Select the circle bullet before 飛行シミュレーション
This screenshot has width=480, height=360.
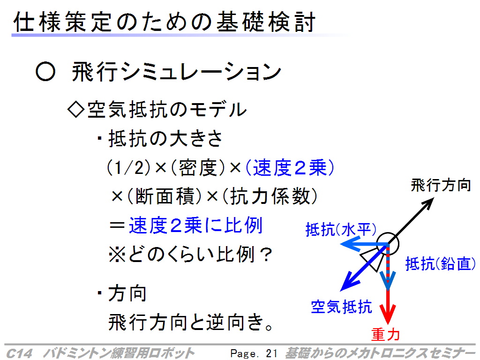[45, 72]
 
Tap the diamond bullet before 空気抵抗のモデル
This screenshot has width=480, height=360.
[76, 109]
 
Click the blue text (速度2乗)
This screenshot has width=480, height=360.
[290, 168]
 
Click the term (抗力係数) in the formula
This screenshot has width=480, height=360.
[270, 196]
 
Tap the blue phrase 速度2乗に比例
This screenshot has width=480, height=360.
[195, 225]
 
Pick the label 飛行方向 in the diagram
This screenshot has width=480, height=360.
[441, 185]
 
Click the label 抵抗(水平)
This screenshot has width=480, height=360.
[341, 229]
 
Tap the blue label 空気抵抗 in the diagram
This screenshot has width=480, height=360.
[341, 307]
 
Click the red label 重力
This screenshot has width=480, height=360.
[386, 334]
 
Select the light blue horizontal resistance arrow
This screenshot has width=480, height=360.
[364, 244]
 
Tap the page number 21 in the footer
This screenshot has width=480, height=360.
[271, 353]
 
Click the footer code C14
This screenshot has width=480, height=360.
[19, 353]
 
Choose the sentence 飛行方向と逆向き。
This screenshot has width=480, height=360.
[190, 322]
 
